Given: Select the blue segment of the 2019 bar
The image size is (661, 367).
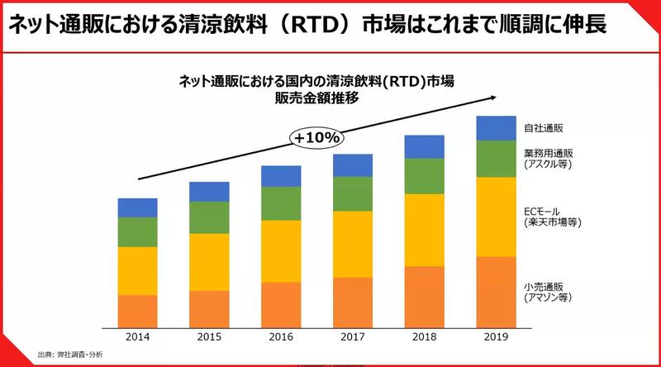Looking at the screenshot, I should click(x=495, y=128).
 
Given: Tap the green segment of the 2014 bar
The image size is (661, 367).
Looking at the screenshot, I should click(x=137, y=231).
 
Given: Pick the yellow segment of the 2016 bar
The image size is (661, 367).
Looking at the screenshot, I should click(x=281, y=251).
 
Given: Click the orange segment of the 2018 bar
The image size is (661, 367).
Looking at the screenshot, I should click(x=424, y=296).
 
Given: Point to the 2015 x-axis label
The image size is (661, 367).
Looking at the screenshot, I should click(x=209, y=337).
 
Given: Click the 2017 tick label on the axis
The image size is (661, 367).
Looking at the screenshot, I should click(x=352, y=337).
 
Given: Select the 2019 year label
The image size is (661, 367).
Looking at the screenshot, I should click(x=495, y=337).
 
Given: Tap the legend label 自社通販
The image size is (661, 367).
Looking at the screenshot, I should click(x=544, y=128).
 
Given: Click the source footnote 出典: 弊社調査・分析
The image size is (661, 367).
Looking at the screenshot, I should click(x=70, y=355).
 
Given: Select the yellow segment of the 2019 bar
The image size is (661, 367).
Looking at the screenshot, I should click(x=495, y=217).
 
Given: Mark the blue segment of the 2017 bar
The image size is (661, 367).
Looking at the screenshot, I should click(x=352, y=164).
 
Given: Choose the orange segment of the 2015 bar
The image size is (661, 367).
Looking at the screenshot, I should click(x=209, y=308).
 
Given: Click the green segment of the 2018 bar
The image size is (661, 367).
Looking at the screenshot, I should click(x=424, y=175).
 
